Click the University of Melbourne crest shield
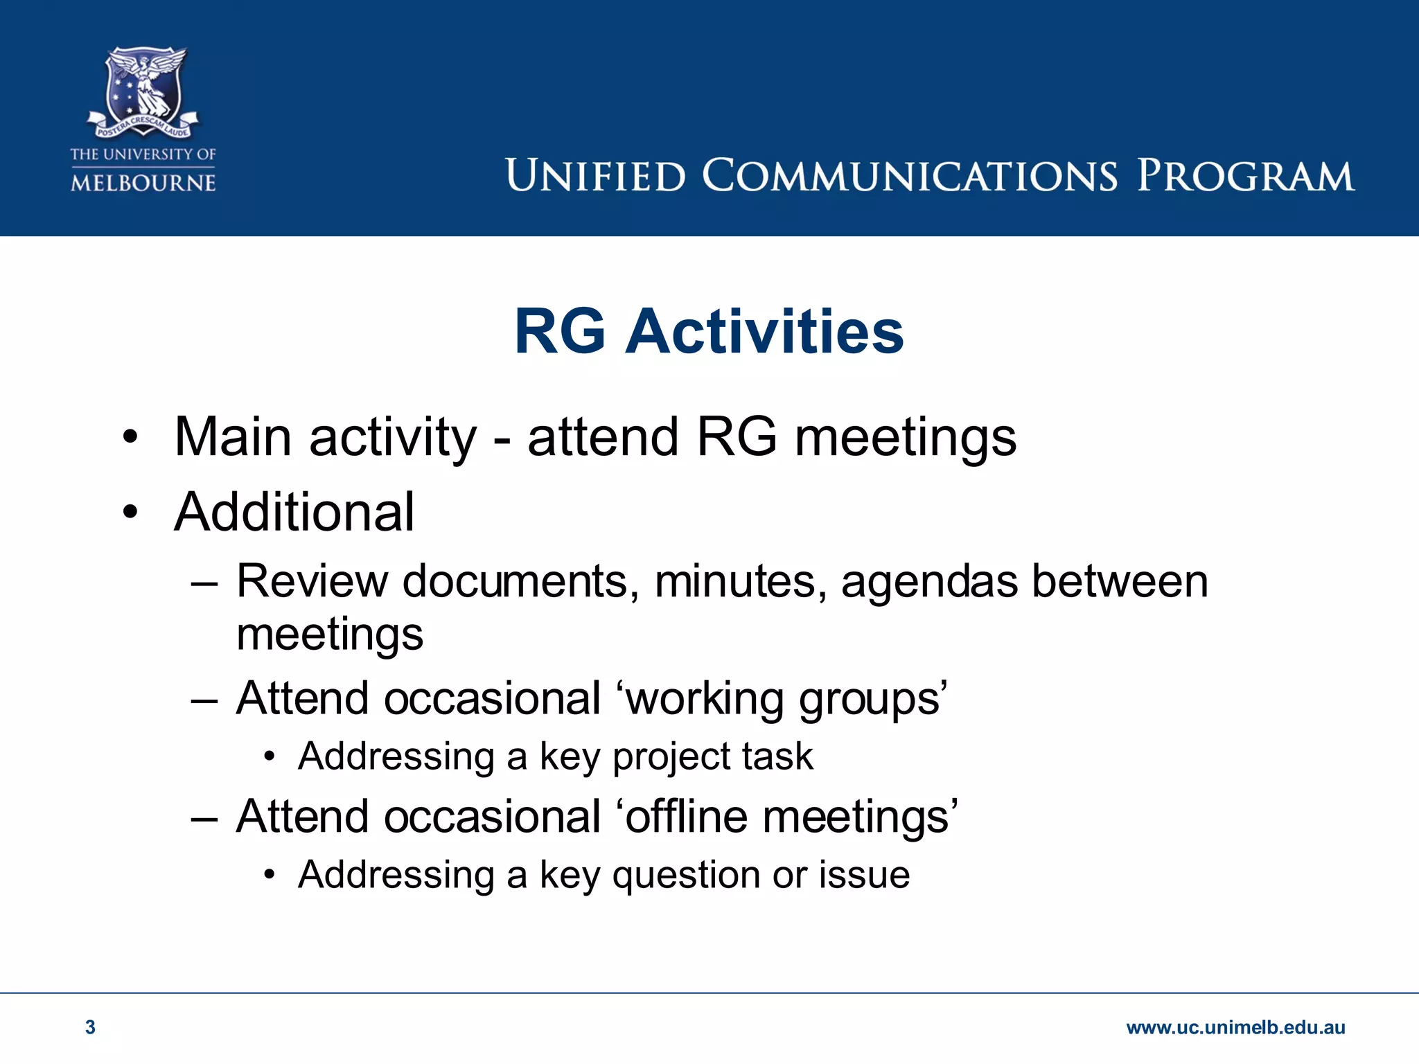click(143, 87)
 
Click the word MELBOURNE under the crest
click(143, 183)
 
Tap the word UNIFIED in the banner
click(595, 175)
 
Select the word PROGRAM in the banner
click(1245, 175)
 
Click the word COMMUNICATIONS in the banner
click(910, 175)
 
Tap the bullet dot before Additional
click(130, 513)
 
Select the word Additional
click(294, 513)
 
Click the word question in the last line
click(686, 875)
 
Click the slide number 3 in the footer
click(90, 1027)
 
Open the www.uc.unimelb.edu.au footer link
click(1235, 1027)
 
